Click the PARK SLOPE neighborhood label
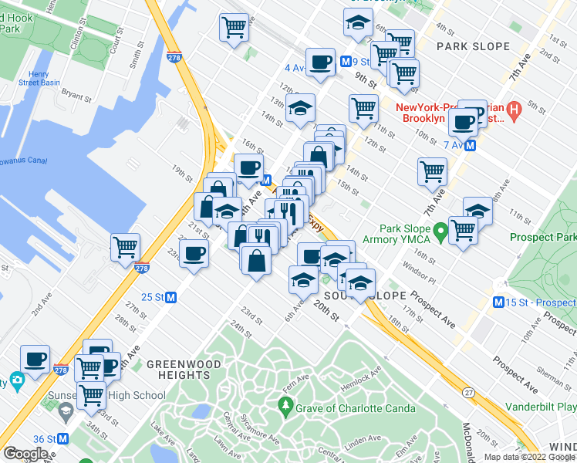coord(473,46)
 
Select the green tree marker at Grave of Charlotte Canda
coord(285,407)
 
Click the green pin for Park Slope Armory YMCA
coord(440,230)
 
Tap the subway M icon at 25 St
coord(172,297)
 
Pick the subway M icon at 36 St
coord(63,438)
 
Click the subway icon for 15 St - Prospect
coord(500,302)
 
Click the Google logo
coord(25,454)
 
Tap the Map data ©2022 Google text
coord(529,457)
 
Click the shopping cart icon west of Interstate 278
coord(125,247)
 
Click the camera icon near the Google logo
coord(16,380)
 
